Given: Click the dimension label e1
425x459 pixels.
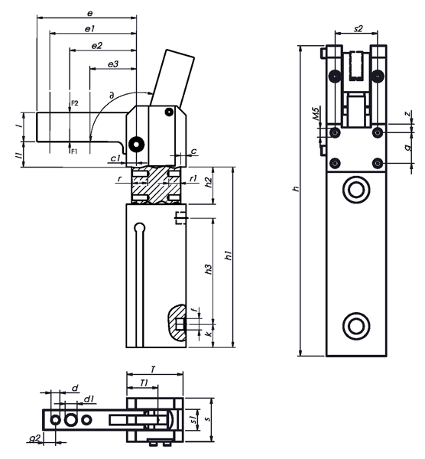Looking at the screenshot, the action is coord(89,29).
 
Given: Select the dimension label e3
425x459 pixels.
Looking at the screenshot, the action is coord(113,63).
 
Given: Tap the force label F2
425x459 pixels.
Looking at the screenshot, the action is coord(75,103).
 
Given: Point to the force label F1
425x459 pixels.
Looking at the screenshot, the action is coord(74,151).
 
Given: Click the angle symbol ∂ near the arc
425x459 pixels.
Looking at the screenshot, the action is coord(111,95).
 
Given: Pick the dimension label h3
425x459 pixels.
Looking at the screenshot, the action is coord(208,269).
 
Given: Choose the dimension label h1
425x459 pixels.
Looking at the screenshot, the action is coord(229,255).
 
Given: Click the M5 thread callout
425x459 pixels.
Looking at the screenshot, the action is coord(316,113).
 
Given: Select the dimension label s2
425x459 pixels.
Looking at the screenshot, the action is coord(358,28).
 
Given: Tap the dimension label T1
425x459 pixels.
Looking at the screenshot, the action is coord(144,383).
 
